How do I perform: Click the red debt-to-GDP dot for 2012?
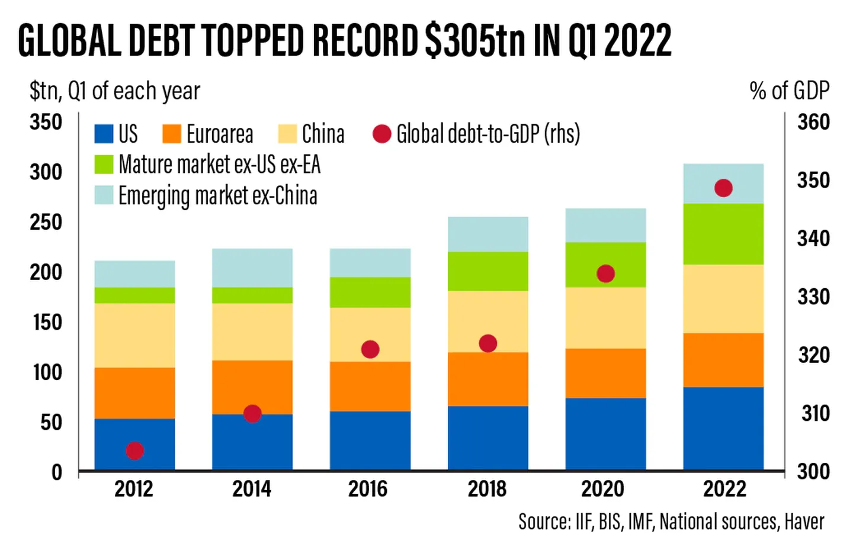(134, 451)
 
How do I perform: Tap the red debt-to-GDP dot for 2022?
(723, 188)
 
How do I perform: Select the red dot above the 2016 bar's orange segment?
(370, 349)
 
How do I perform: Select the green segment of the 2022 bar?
(723, 234)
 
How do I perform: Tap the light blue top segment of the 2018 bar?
(488, 234)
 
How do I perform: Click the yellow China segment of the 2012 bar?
(134, 335)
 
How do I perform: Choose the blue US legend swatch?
(104, 134)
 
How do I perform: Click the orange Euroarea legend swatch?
(172, 134)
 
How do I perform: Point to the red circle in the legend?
(382, 134)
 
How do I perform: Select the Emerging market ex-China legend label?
(217, 196)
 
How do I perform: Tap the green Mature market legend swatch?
(104, 165)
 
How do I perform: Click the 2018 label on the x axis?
(487, 489)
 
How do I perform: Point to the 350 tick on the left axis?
(46, 123)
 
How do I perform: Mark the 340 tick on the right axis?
(813, 239)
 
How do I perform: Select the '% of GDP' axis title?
(789, 91)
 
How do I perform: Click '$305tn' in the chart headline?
(475, 40)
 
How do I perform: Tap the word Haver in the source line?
(804, 521)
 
